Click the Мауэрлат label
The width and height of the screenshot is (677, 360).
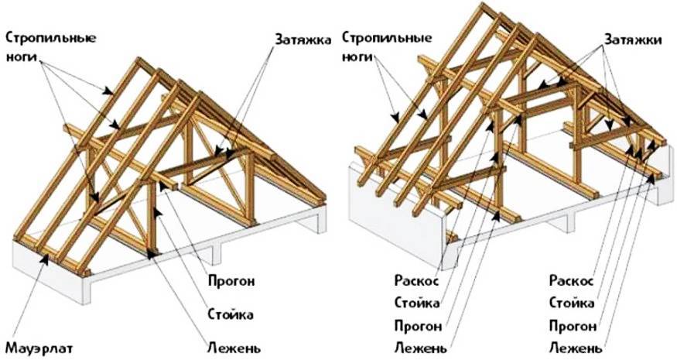tap(39, 348)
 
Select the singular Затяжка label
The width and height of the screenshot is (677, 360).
tap(303, 39)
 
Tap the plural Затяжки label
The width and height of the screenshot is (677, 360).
tap(633, 39)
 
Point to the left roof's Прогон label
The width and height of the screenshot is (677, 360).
tap(232, 281)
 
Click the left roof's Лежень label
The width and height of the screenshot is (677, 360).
tap(234, 347)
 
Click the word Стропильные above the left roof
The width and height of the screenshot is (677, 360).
tap(51, 38)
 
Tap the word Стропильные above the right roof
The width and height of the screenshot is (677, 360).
tap(388, 38)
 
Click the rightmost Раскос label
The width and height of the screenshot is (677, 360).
tap(572, 280)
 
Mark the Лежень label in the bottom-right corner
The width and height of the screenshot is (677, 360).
tap(576, 347)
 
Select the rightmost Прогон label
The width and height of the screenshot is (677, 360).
tap(573, 325)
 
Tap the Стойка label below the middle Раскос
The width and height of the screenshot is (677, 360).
tap(417, 303)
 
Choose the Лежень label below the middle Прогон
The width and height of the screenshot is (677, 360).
tap(421, 347)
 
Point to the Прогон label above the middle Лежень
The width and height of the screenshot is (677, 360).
tap(418, 325)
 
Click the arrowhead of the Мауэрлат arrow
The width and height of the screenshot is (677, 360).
tap(44, 258)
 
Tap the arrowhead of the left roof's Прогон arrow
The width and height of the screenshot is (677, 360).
tap(162, 186)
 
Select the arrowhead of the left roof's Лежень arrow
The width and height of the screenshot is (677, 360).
tap(150, 254)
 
